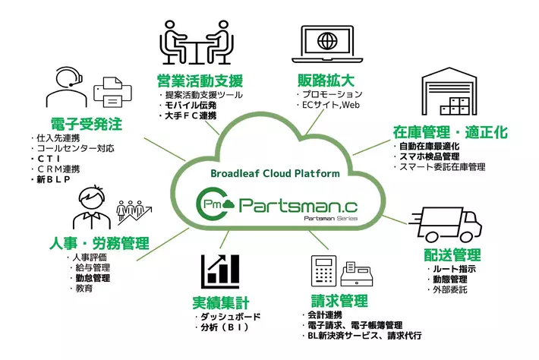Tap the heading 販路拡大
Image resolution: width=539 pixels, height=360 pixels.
[x=325, y=80]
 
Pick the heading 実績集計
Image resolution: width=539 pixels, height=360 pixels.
[x=221, y=301]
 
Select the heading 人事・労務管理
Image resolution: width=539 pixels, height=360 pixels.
[x=99, y=245]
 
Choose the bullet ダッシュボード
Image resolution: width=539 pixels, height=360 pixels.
[x=229, y=316]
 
